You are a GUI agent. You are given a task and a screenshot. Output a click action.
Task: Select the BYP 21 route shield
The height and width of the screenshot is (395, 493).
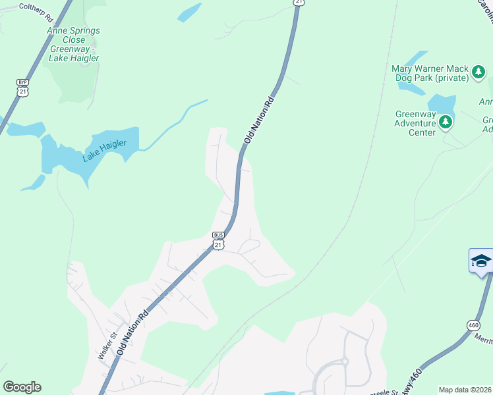[x=23, y=88]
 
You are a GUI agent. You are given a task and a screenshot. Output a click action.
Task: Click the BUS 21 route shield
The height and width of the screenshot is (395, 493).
[x=219, y=240]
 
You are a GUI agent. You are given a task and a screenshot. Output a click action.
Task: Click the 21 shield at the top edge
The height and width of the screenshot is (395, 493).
[x=299, y=3]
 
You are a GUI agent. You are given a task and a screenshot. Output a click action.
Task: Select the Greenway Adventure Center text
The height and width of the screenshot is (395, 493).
[x=415, y=123]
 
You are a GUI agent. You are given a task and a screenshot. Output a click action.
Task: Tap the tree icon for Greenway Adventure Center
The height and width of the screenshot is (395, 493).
[x=446, y=122]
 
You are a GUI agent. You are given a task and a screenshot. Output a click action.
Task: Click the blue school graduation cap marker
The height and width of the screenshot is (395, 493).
[x=481, y=261]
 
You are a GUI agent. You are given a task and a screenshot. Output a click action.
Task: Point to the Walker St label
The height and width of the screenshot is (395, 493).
[x=107, y=346]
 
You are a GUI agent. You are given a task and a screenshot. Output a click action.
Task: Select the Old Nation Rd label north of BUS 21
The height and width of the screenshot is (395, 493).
[x=258, y=122]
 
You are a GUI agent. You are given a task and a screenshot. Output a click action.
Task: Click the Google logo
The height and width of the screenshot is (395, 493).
[x=22, y=387]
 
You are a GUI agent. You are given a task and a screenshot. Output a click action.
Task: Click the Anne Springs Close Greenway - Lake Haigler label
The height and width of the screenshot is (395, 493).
[x=74, y=44]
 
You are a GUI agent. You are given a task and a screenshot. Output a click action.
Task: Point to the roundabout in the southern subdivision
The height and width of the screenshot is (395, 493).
[x=343, y=361]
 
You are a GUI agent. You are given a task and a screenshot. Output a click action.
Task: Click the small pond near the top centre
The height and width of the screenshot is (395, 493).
[x=190, y=13]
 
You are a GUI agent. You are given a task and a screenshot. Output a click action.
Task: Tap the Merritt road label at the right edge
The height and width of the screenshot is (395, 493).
[x=484, y=338]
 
